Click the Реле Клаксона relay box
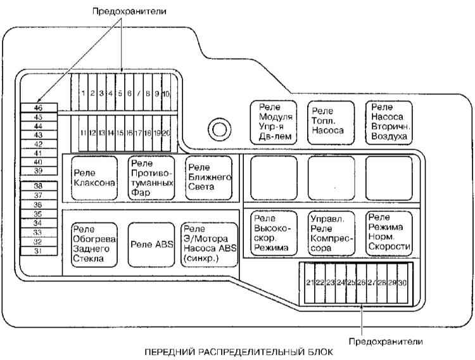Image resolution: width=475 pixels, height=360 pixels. pos(94,178)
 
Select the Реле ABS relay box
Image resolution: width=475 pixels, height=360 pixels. pos(151,245)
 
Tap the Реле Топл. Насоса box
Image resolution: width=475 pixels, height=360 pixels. pos(331,122)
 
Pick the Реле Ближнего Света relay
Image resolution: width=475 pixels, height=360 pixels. pos(209,178)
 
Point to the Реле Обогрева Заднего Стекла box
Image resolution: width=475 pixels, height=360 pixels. pos(94,245)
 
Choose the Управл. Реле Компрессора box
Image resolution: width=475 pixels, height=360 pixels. pos(331,233)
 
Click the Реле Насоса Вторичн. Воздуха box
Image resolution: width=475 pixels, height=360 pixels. pos(389,122)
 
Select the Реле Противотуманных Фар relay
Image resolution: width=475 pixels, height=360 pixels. pos(151,178)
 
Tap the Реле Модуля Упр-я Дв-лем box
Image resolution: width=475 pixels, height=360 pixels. pos(274,122)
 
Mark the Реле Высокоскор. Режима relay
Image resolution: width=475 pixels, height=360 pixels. pos(274,233)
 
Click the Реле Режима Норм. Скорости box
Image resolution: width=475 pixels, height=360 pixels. pos(389,233)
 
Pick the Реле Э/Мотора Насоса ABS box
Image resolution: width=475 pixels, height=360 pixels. pos(210,245)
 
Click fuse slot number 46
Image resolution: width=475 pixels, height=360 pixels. pos(39,108)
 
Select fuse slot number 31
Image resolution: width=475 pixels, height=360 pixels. pos(39,251)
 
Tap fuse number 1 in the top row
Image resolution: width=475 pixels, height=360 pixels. pos(84,93)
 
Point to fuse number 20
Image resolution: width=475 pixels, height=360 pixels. pos(167,133)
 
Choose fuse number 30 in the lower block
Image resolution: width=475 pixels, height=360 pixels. pos(402,283)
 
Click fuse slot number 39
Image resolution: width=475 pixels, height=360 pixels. pos(39,170)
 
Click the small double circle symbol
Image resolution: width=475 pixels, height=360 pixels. pos(220,129)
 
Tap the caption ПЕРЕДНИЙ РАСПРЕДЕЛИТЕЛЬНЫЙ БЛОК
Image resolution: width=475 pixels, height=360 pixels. pos(239,352)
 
